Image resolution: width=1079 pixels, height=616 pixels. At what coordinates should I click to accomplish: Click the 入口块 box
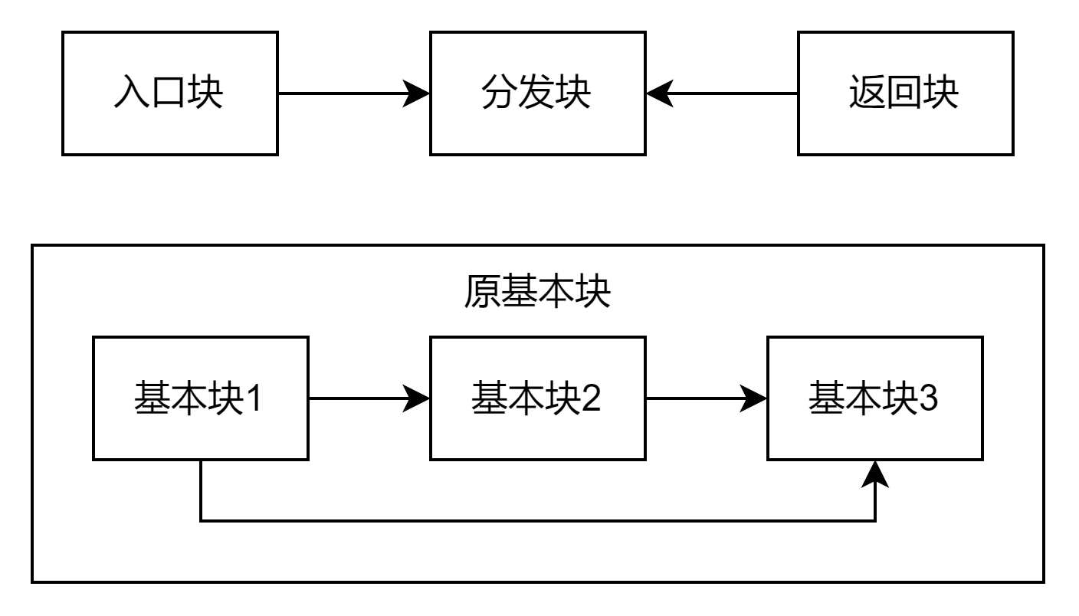coord(169,93)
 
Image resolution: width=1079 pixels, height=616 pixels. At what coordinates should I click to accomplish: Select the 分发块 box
coord(537,93)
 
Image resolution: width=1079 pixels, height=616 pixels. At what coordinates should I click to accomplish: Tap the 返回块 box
coord(905,93)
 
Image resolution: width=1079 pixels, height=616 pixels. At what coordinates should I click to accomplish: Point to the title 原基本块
coord(537,292)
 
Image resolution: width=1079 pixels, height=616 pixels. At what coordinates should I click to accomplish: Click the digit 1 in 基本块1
coord(253,398)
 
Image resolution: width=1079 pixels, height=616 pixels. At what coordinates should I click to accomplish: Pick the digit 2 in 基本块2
coord(591,398)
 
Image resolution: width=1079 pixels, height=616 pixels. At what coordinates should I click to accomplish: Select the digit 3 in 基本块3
coord(928,398)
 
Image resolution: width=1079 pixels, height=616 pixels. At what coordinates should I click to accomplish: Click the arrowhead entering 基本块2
coord(417,398)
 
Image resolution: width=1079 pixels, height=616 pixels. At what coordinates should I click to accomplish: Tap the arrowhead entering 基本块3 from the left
coord(754,398)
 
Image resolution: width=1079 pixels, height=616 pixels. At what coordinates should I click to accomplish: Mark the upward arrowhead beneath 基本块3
coord(875,473)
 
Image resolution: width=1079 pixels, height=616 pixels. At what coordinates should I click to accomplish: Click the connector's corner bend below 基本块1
coord(201,521)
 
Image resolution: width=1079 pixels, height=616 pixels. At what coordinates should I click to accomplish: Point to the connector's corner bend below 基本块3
coord(875,521)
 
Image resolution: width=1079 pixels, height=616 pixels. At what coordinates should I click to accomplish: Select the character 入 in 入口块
coord(132,93)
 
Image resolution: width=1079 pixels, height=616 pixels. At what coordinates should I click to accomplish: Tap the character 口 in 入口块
coord(169,93)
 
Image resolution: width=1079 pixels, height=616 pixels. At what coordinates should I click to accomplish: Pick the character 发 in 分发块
coord(536,93)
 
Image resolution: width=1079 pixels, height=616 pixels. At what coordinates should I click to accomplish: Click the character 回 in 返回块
coord(904,93)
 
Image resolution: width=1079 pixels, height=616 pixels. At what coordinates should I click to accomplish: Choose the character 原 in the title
coord(482,292)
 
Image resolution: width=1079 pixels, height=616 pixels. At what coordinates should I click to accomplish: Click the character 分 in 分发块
coord(500,93)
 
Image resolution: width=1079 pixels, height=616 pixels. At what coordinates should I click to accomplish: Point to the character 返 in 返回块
coord(867,93)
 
